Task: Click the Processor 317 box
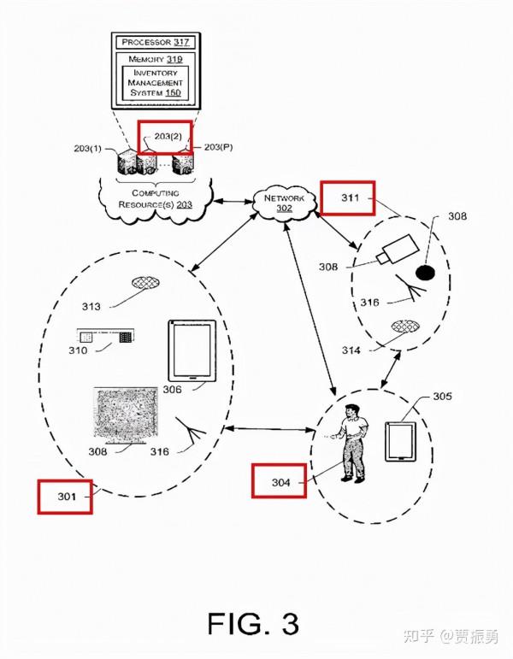pos(156,42)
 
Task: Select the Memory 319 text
pos(156,59)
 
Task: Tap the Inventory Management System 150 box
pos(155,83)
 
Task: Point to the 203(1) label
pos(87,149)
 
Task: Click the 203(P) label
pos(219,147)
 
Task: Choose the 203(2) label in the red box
pos(168,136)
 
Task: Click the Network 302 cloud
pos(285,203)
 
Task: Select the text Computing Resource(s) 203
pos(156,199)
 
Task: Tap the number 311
pos(350,197)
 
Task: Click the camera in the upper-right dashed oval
pos(398,250)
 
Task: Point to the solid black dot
pos(425,274)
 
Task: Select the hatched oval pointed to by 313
pos(146,283)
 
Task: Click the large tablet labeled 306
pos(192,351)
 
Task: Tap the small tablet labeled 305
pos(401,441)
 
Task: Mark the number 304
pos(280,482)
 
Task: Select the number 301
pos(67,497)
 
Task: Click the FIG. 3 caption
pos(253,623)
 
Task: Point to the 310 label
pos(78,350)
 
